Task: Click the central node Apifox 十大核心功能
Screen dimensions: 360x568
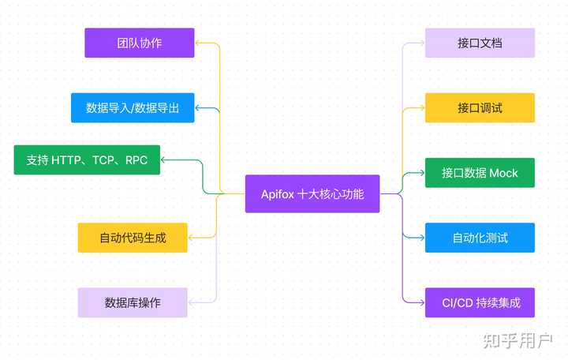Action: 312,193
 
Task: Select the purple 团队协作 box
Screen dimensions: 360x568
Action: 140,43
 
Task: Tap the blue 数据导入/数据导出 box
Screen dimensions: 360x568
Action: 133,107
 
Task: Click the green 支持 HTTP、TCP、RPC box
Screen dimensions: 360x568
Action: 87,159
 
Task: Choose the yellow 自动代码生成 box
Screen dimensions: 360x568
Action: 133,238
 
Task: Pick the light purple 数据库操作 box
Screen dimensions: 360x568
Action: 133,302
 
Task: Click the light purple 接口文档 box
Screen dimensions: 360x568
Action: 480,43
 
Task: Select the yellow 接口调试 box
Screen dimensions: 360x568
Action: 480,107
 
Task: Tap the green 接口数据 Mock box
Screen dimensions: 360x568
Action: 480,173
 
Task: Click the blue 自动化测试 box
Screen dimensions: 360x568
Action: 480,238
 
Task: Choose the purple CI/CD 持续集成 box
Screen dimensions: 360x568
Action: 480,302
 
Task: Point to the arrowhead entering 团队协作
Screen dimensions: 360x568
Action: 198,43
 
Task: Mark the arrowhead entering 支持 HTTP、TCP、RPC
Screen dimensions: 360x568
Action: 164,159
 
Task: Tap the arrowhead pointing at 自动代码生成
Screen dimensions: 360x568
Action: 192,238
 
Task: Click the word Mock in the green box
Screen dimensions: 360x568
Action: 503,173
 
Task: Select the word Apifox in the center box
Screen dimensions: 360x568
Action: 277,193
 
